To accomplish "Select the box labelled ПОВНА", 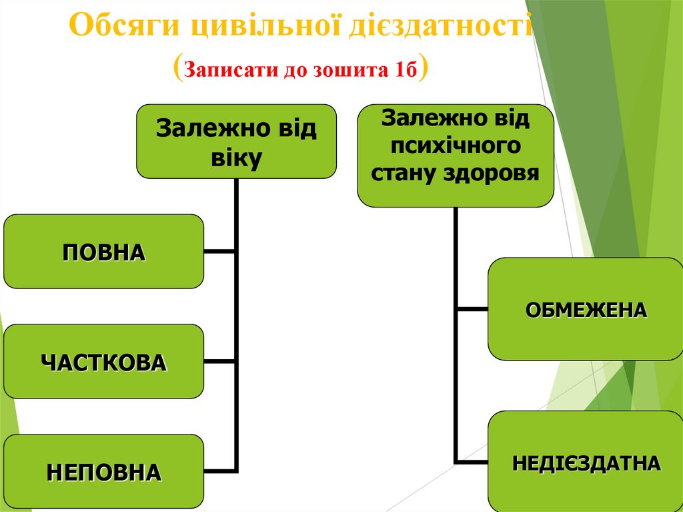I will click(103, 252).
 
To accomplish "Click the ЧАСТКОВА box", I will click(103, 362).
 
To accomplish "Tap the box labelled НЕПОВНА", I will click(103, 471).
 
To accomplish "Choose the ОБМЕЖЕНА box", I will click(586, 309).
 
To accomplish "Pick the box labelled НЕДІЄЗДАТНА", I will click(586, 462).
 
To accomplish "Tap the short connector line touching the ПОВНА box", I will click(219, 252).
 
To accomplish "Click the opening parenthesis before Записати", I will click(177, 69).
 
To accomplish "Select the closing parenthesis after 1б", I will click(423, 69).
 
